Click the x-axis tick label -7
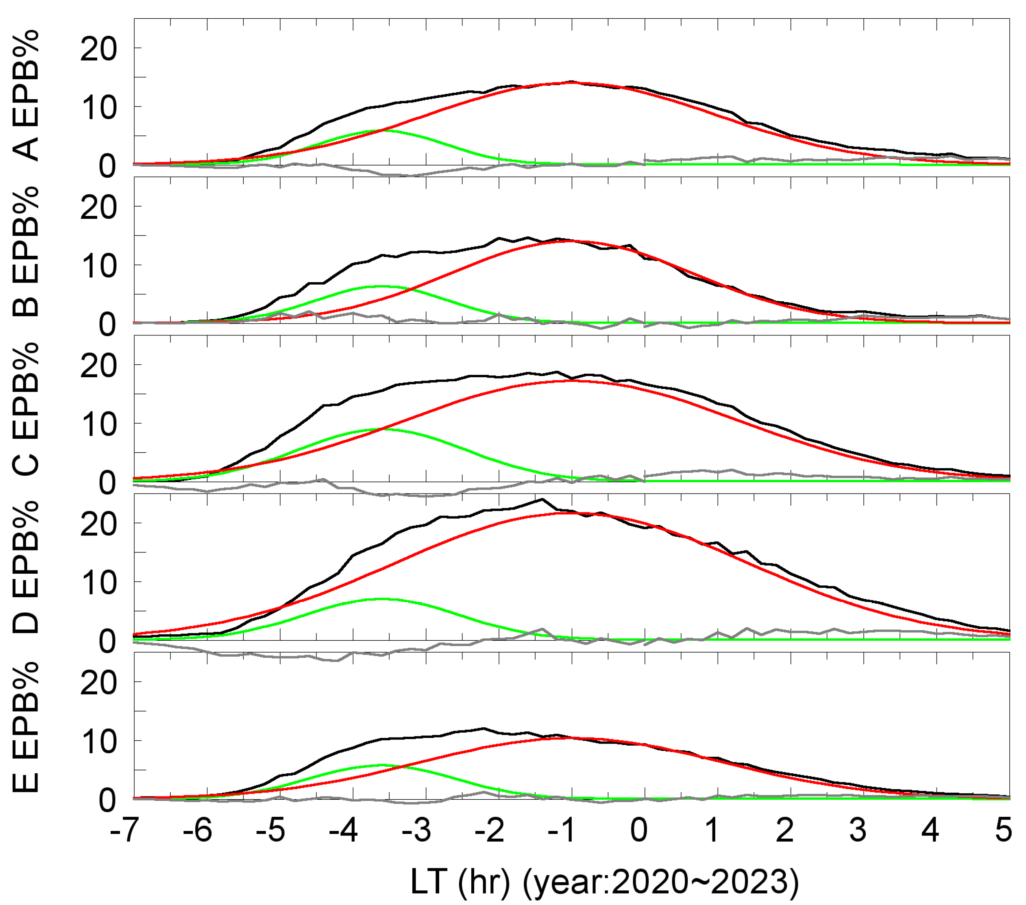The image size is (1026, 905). click(122, 830)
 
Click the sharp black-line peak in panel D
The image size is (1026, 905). click(542, 499)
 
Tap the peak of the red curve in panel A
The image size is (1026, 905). click(572, 82)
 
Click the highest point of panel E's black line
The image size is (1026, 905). click(484, 728)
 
